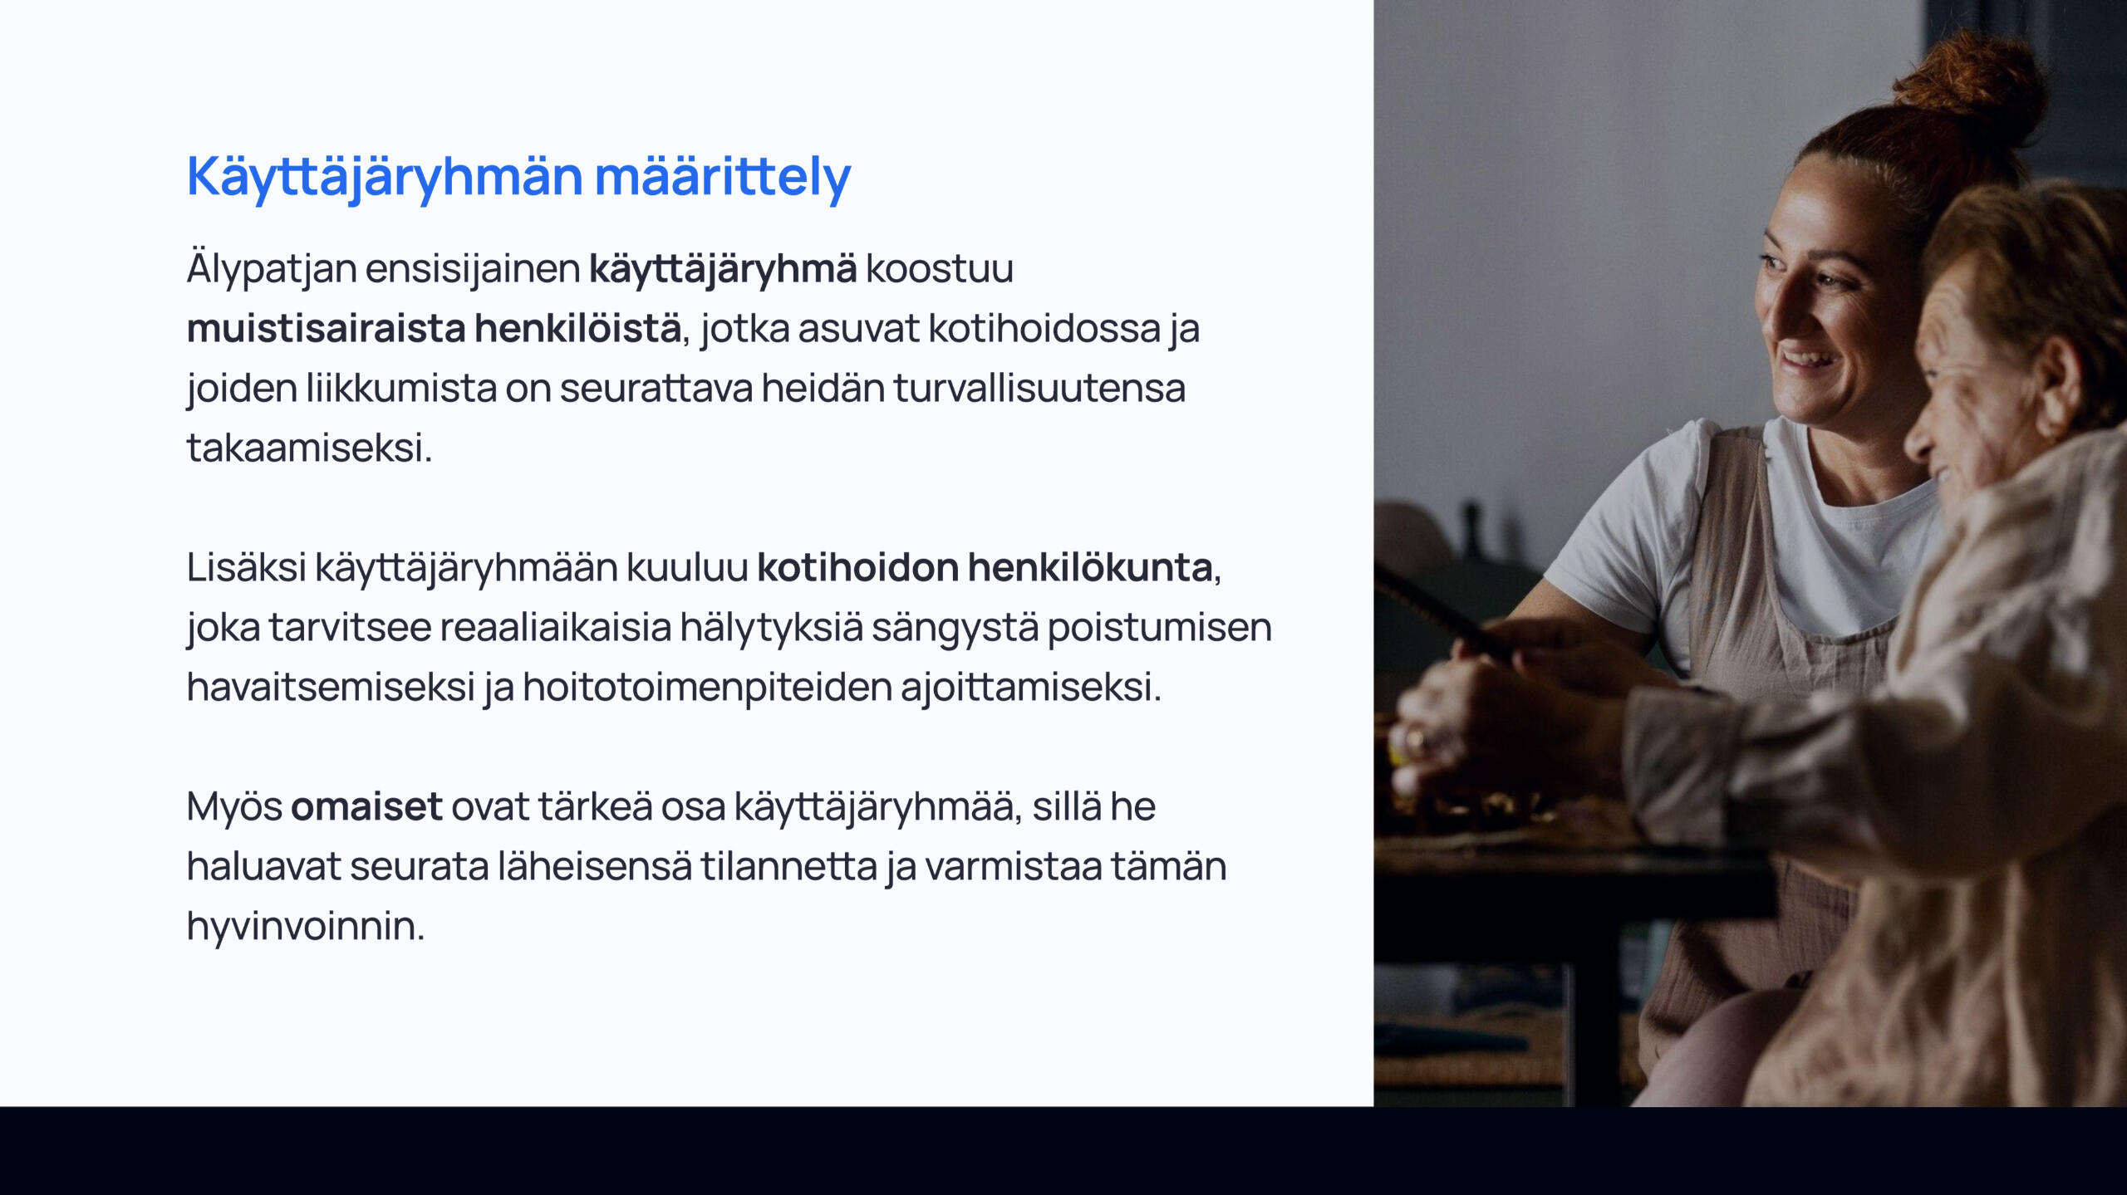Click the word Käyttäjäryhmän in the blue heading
pyautogui.click(x=386, y=178)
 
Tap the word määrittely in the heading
pyautogui.click(x=723, y=176)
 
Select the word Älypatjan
pyautogui.click(x=272, y=268)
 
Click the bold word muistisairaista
pyautogui.click(x=326, y=328)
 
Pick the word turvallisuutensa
pyautogui.click(x=1039, y=388)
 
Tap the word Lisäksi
pyautogui.click(x=247, y=567)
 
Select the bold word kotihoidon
pyautogui.click(x=857, y=567)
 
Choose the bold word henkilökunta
pyautogui.click(x=1090, y=567)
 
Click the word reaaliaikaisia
pyautogui.click(x=555, y=627)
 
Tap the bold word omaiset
pyautogui.click(x=366, y=806)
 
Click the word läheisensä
pyautogui.click(x=594, y=866)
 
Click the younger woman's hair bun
pyautogui.click(x=1969, y=87)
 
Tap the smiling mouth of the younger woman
pyautogui.click(x=1806, y=360)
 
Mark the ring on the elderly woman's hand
pyautogui.click(x=1412, y=742)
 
